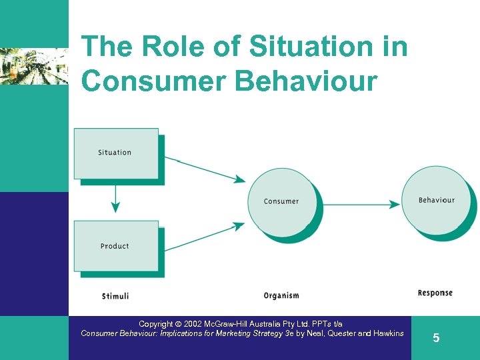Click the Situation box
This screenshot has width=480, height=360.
click(x=115, y=153)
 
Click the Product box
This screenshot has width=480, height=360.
click(x=115, y=246)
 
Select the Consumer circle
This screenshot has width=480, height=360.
click(x=281, y=201)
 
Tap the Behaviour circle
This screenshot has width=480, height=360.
click(x=437, y=200)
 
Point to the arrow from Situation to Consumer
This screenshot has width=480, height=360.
click(x=207, y=170)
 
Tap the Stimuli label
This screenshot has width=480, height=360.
click(x=115, y=295)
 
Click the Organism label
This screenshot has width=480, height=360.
click(x=281, y=295)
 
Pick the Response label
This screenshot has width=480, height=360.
click(x=435, y=293)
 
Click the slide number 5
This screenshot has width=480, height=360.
click(x=436, y=338)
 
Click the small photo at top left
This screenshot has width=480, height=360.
click(x=33, y=66)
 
